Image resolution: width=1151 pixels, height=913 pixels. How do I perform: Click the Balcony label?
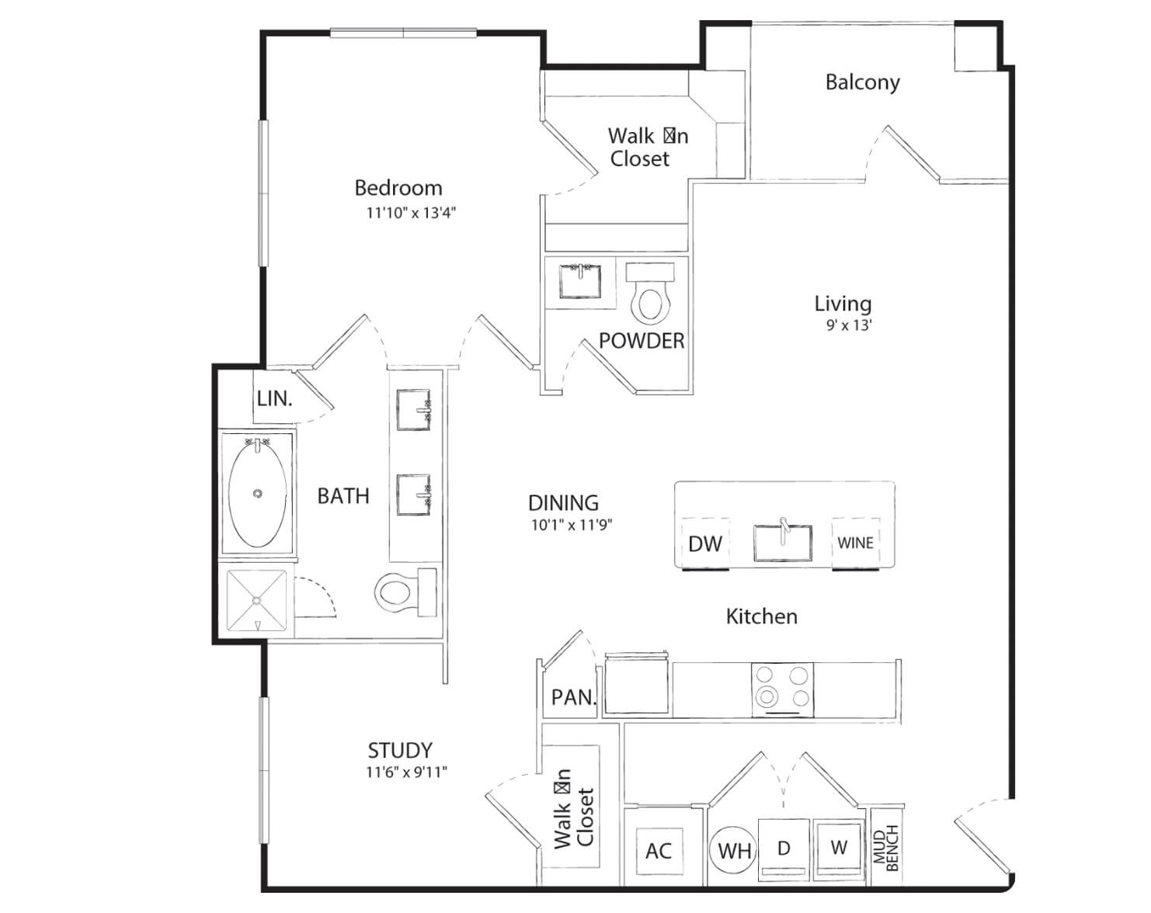point(862,82)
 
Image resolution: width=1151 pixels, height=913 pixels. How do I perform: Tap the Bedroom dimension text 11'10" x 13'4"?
point(411,213)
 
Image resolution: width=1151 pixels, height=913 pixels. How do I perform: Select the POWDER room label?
point(642,341)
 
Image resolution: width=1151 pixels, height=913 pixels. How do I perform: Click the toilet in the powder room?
point(650,292)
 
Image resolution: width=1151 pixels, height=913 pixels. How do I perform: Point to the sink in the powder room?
point(580,281)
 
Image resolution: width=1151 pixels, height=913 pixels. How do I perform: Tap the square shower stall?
point(257,601)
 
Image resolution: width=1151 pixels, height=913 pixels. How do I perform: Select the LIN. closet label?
point(274,398)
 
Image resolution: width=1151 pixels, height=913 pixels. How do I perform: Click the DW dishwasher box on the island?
point(705,543)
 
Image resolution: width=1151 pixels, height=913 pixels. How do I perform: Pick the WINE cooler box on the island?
point(855,543)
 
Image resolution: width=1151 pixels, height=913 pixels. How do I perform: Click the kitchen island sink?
point(783,542)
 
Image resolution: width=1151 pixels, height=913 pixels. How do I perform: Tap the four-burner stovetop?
point(783,689)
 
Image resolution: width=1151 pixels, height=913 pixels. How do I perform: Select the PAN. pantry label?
point(573,697)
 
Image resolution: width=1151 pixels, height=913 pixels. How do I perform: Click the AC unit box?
point(659,850)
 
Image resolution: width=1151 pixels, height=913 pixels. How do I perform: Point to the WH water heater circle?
point(733,850)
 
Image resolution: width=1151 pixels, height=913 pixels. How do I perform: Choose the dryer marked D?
point(784,849)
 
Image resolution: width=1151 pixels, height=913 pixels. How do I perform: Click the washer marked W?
point(839,848)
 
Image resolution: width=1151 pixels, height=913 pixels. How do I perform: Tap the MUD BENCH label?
point(885,848)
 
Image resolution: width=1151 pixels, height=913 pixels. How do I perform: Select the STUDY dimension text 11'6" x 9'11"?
point(406,772)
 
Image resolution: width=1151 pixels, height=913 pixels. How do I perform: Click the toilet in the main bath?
point(405,592)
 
